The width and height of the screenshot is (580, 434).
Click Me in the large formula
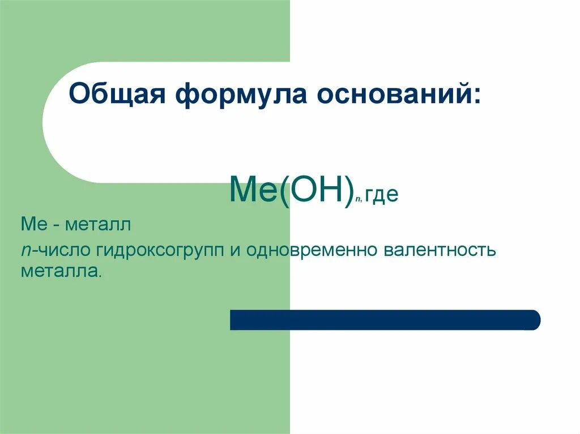point(251,190)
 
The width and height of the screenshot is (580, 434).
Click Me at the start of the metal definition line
point(32,226)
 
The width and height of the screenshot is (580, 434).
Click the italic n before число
point(26,250)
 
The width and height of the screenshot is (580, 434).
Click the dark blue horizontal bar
point(385,320)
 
